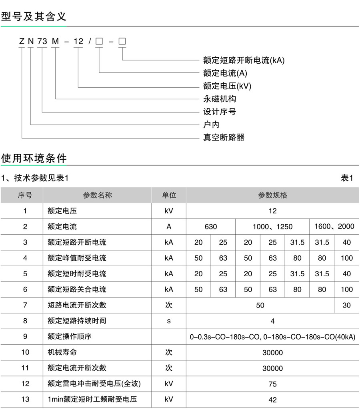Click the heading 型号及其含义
pos(34,16)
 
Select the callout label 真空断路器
pos(224,137)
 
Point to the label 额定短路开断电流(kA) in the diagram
pos(244,60)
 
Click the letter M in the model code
pos(55,41)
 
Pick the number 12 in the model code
pos(78,41)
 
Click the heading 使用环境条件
pos(34,158)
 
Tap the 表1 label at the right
pos(347,178)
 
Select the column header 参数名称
pos(97,195)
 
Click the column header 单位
pos(169,195)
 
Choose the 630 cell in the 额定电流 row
pos(211,227)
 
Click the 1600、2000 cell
pos(334,227)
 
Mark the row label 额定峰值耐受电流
pos(77,258)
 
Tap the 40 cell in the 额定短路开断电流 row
pos(346,242)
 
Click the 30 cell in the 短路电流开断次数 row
pos(346,305)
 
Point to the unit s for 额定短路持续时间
pos(169,321)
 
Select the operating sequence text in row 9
pos(272,337)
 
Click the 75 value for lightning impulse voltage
pos(272,384)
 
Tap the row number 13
pos(25,399)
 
